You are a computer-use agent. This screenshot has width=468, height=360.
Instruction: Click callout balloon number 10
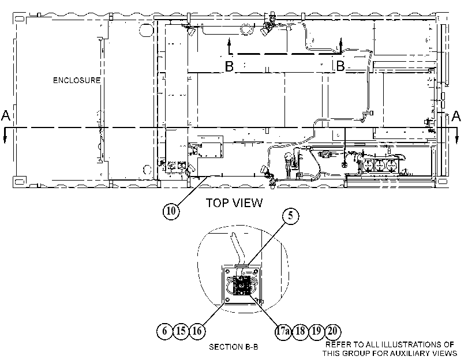pyautogui.click(x=171, y=211)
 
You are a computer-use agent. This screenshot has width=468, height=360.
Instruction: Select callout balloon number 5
pyautogui.click(x=291, y=216)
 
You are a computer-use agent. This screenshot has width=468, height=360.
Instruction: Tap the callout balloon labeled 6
pyautogui.click(x=165, y=331)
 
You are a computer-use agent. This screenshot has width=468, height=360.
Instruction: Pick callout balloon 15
pyautogui.click(x=181, y=331)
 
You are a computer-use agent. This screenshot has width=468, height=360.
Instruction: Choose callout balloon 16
pyautogui.click(x=197, y=331)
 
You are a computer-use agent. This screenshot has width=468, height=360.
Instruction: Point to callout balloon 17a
pyautogui.click(x=283, y=331)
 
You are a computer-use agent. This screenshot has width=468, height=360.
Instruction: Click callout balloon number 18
pyautogui.click(x=300, y=331)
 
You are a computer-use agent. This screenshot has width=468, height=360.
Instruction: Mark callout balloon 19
pyautogui.click(x=316, y=331)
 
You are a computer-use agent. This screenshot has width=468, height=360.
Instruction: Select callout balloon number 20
pyautogui.click(x=332, y=331)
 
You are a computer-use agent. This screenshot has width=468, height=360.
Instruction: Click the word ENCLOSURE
pyautogui.click(x=77, y=80)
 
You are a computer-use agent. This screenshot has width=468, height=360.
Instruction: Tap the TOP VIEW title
pyautogui.click(x=234, y=203)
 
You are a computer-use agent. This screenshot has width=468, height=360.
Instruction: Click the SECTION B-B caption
pyautogui.click(x=233, y=347)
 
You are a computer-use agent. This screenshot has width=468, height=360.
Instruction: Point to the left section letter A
pyautogui.click(x=6, y=115)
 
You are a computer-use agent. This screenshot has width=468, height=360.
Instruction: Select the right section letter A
pyautogui.click(x=456, y=116)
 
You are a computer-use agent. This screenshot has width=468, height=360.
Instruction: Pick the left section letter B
pyautogui.click(x=229, y=66)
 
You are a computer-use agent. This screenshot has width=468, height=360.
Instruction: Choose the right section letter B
pyautogui.click(x=340, y=66)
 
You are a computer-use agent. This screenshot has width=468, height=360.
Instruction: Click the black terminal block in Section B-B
pyautogui.click(x=242, y=286)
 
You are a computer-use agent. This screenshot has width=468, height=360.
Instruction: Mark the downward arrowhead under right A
pyautogui.click(x=457, y=140)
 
